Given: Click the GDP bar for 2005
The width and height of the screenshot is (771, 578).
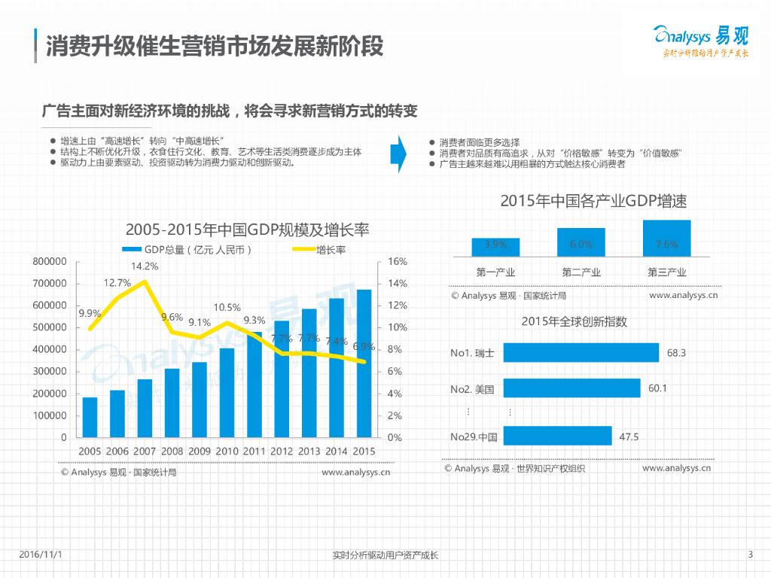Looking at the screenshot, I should tap(90, 417).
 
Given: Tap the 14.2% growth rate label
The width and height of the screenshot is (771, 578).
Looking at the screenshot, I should tap(145, 266).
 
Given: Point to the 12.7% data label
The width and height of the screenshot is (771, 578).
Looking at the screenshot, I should tap(117, 283).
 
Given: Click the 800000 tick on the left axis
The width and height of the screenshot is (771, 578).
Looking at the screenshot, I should tap(50, 262).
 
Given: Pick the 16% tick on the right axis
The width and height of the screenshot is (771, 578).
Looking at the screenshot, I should tap(397, 262).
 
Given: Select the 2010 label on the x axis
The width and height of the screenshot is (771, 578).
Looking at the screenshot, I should tap(227, 451).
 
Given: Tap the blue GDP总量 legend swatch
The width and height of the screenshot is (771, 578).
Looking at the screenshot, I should tap(131, 250).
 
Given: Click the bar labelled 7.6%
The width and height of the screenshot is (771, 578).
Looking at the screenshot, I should tap(666, 238).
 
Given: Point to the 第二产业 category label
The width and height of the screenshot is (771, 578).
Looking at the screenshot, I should tap(581, 272).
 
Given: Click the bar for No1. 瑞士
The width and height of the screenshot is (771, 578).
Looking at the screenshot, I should tap(581, 353).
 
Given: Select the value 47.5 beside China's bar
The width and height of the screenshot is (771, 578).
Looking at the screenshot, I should tap(629, 437).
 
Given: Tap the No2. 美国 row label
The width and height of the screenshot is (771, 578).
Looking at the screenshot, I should tap(472, 389).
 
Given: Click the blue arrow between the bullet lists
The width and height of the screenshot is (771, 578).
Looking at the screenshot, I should tap(398, 154).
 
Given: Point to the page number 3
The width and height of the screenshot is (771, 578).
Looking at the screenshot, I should tap(750, 555).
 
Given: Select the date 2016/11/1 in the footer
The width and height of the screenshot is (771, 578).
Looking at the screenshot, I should tap(40, 555).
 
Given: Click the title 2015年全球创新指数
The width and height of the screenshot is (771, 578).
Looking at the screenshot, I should tap(574, 321).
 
